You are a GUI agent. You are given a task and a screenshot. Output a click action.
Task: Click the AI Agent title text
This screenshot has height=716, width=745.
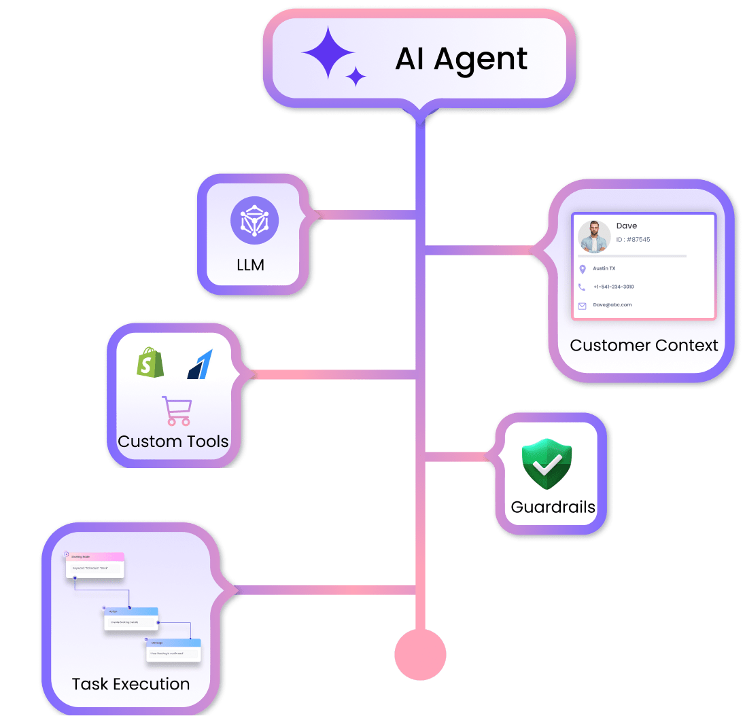coord(461,58)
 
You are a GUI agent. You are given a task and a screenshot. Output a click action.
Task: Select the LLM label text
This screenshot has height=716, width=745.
coord(250,265)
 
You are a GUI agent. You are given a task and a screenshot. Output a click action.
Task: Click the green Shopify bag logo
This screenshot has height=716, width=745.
coord(151,363)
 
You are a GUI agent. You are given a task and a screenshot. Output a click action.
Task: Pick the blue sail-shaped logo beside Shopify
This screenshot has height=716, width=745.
coord(200,364)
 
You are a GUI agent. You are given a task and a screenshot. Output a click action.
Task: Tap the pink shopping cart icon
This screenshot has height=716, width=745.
coord(176,410)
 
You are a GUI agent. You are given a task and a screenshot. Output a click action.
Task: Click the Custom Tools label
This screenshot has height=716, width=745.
coord(173,442)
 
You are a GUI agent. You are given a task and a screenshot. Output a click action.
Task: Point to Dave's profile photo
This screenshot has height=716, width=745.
coord(594,236)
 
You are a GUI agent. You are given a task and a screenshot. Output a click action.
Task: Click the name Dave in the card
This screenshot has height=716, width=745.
coord(627,226)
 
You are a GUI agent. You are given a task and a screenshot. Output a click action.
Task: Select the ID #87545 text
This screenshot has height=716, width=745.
coord(633,240)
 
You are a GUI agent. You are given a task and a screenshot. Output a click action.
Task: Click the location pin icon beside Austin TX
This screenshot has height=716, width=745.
coord(583,270)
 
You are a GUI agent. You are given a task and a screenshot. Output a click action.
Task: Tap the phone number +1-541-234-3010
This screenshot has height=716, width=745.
coord(613,287)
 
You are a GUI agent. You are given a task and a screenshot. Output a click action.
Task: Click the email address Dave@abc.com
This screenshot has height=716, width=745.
coord(612,305)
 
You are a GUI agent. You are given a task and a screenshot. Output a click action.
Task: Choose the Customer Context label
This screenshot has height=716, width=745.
coord(644,345)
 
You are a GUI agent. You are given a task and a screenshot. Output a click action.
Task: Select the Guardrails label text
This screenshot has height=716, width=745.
coord(553,507)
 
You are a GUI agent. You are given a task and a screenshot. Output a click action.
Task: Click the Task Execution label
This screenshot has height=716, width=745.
coord(131,683)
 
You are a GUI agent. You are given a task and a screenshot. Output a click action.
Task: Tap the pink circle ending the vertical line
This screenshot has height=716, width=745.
coord(420,655)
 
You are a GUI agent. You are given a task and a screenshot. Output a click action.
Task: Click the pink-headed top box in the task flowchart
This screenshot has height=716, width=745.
coord(95,565)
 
